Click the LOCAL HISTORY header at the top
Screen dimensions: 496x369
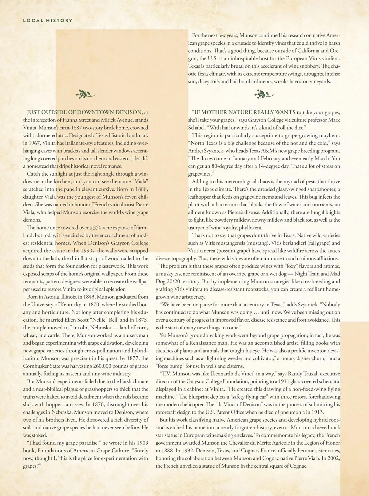point(48,21)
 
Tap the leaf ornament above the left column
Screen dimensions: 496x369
point(85,94)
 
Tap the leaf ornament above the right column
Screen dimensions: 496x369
point(264,94)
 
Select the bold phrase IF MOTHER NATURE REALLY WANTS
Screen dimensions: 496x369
point(244,112)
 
